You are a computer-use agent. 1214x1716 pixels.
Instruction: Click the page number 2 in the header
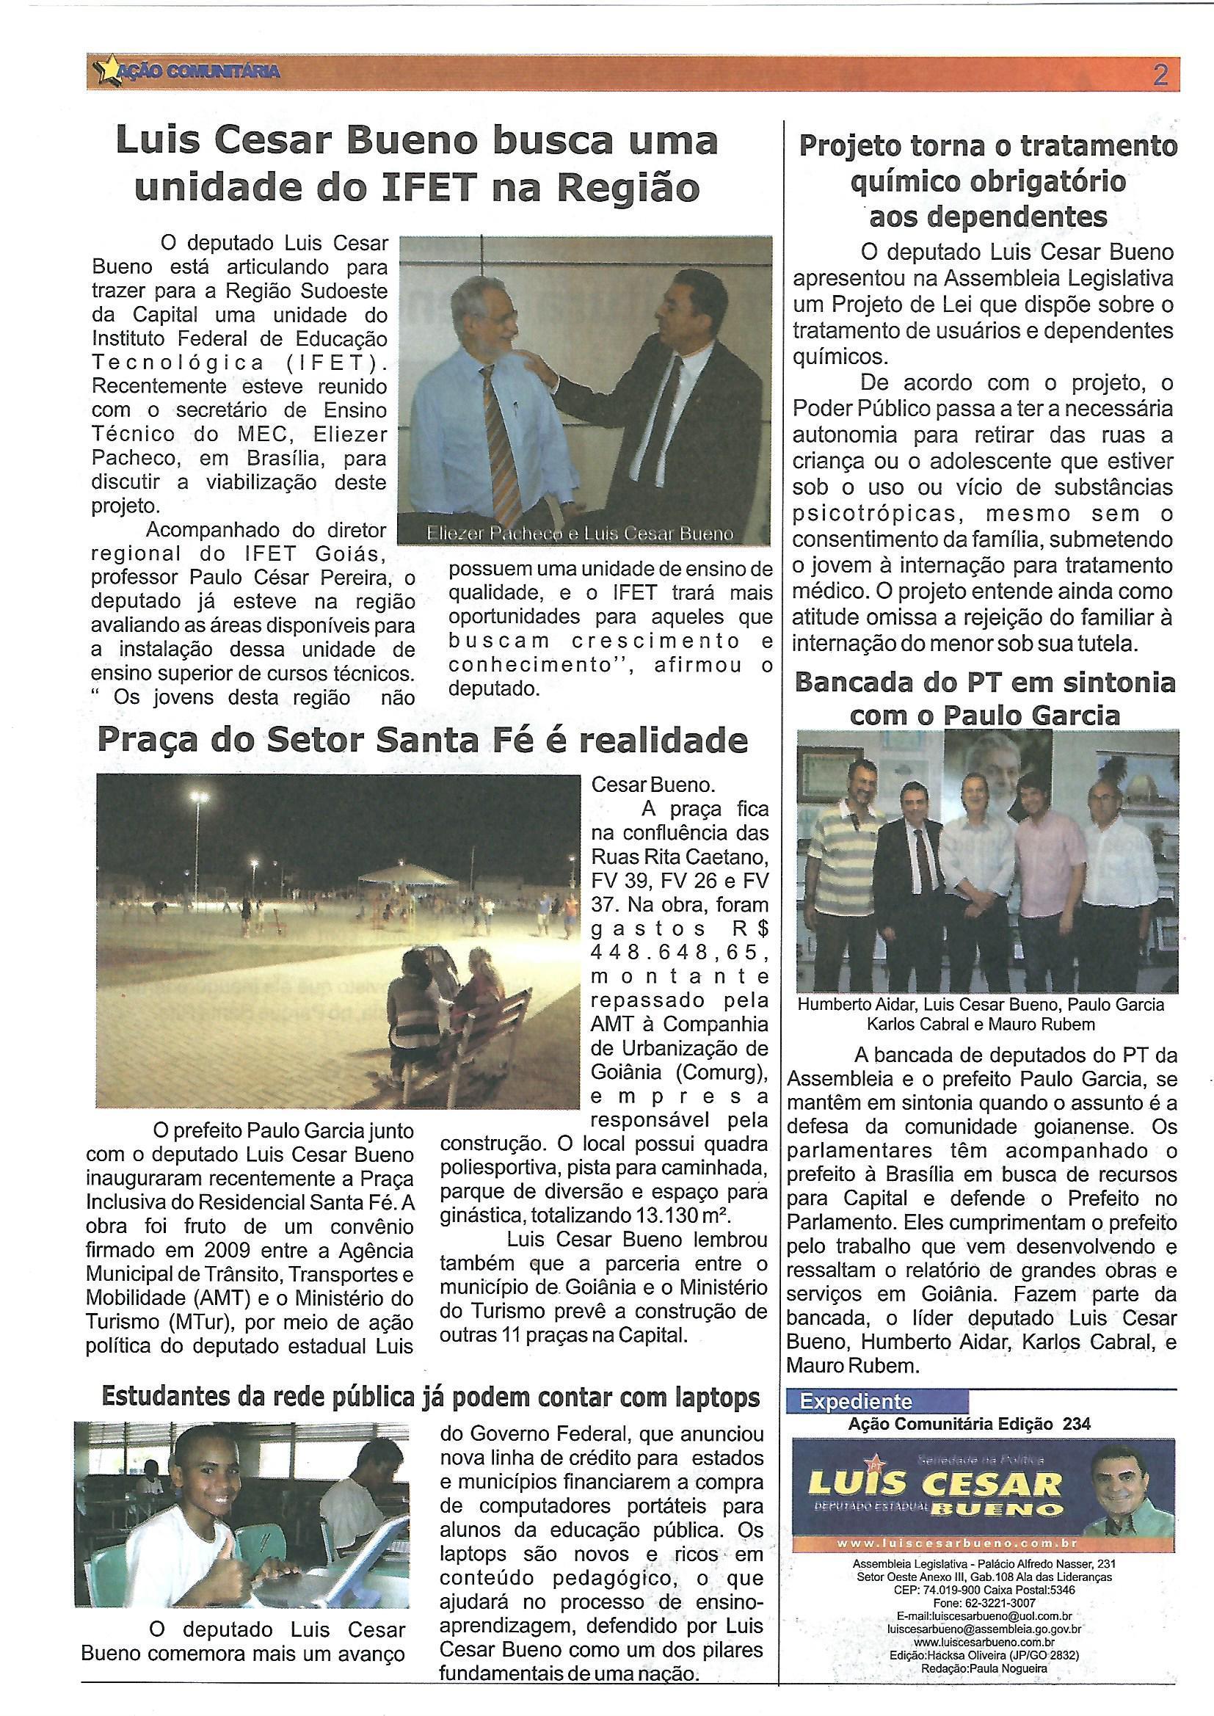pyautogui.click(x=1160, y=76)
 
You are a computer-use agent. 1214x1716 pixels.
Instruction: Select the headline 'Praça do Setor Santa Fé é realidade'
pyautogui.click(x=422, y=741)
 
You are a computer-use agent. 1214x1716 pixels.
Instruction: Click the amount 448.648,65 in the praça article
pyautogui.click(x=680, y=953)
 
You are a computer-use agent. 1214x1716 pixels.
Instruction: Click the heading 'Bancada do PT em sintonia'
pyautogui.click(x=985, y=683)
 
